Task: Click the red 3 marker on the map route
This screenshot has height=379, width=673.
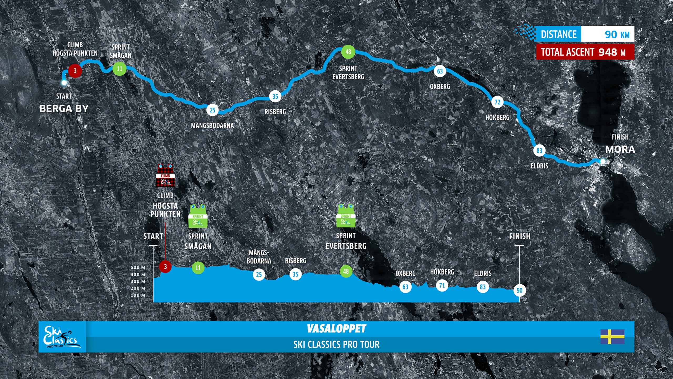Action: click(75, 71)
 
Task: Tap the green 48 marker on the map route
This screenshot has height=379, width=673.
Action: click(348, 52)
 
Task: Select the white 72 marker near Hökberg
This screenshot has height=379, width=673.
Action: click(497, 102)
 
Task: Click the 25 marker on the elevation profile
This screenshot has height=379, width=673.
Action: click(259, 275)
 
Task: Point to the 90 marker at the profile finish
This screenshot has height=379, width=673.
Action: click(519, 290)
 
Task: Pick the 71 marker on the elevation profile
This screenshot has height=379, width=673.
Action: click(442, 286)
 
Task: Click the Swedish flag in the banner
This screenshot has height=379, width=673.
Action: click(612, 337)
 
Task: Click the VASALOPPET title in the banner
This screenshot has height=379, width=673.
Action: click(336, 328)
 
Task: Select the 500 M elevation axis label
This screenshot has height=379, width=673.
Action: click(138, 267)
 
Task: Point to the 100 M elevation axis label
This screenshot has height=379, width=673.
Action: click(138, 295)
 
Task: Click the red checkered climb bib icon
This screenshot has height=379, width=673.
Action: click(165, 175)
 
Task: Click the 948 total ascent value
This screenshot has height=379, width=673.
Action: click(608, 52)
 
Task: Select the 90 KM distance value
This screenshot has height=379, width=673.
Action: click(617, 34)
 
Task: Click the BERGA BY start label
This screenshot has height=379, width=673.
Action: click(64, 108)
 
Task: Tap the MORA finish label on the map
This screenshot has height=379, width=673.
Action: click(620, 149)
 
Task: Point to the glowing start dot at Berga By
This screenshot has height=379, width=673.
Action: click(64, 83)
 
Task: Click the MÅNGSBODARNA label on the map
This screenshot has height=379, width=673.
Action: click(212, 126)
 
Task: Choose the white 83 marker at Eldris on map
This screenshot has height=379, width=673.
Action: click(539, 151)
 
